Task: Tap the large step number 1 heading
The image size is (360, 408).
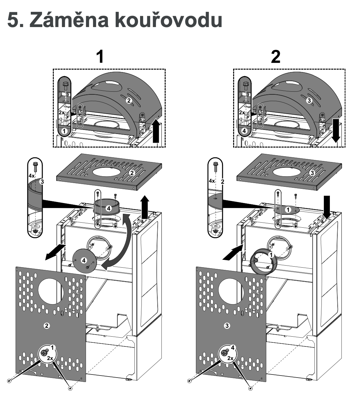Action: (100, 56)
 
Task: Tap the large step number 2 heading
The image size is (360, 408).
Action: (276, 56)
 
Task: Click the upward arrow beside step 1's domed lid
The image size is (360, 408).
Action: (156, 131)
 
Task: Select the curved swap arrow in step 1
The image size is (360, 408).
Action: (121, 242)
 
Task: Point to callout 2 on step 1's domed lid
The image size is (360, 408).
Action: (129, 100)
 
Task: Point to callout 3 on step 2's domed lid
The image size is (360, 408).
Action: (309, 100)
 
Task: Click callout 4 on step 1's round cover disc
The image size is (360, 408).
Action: (84, 260)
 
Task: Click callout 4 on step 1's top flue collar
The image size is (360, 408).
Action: (109, 208)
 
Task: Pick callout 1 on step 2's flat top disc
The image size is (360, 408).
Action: (288, 210)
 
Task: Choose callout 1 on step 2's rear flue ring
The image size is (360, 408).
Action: (271, 255)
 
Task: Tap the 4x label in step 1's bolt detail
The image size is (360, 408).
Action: (31, 176)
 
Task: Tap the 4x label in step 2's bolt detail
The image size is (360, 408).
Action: (212, 181)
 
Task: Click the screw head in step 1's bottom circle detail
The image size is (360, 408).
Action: (44, 352)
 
